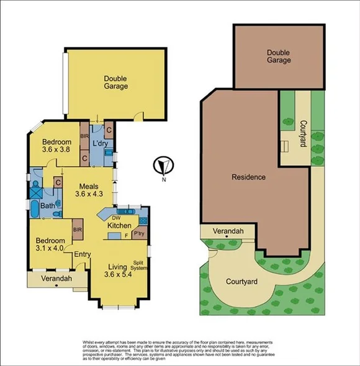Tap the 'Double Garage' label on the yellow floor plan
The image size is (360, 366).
pyautogui.click(x=116, y=83)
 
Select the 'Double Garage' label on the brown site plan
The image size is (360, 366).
pyautogui.click(x=279, y=56)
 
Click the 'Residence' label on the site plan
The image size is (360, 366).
pyautogui.click(x=248, y=177)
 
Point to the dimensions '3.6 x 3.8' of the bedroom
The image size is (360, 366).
pyautogui.click(x=52, y=150)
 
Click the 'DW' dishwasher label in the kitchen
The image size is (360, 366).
pyautogui.click(x=116, y=218)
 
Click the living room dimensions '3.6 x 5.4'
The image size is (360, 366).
pyautogui.click(x=119, y=274)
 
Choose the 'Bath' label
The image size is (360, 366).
pyautogui.click(x=48, y=206)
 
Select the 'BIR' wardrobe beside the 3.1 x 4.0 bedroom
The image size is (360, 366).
pyautogui.click(x=78, y=230)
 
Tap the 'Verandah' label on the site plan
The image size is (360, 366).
pyautogui.click(x=228, y=231)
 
